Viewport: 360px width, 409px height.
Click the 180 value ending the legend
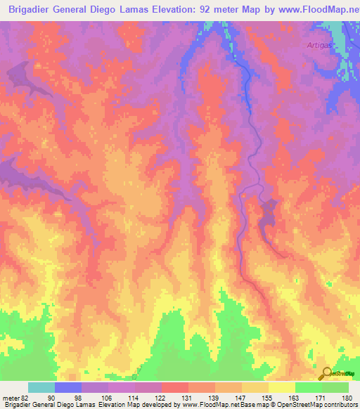[x=347, y=397]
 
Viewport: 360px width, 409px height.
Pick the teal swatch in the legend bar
[x=41, y=388]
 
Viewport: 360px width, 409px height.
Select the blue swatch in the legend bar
[x=68, y=388]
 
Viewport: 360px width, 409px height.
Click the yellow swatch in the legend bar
[x=282, y=388]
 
